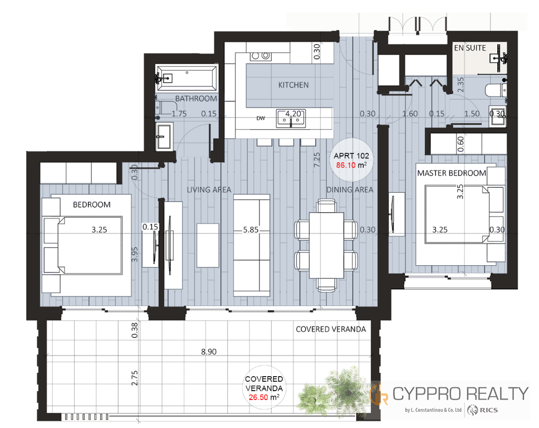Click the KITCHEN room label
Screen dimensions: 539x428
pos(293,85)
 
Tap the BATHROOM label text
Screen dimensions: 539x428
pos(196,99)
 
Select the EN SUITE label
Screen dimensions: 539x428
pos(470,48)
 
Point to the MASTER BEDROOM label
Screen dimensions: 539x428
pos(452,173)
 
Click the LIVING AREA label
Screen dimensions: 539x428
pos(209,190)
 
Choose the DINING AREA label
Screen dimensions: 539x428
pos(350,190)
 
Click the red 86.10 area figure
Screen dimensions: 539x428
pos(346,165)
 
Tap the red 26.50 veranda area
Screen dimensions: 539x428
pos(258,397)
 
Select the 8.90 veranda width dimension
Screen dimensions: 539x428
pos(209,352)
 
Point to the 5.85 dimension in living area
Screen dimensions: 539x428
pos(251,230)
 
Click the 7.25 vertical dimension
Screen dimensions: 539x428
pos(317,160)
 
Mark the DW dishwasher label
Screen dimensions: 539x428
pos(261,118)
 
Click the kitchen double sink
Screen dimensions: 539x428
pos(291,119)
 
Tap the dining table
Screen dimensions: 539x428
pos(326,245)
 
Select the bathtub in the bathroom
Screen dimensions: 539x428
pos(187,77)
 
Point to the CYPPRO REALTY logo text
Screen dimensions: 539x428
pos(460,394)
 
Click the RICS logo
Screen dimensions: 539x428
pos(483,410)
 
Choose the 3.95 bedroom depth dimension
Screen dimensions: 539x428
pos(135,254)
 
